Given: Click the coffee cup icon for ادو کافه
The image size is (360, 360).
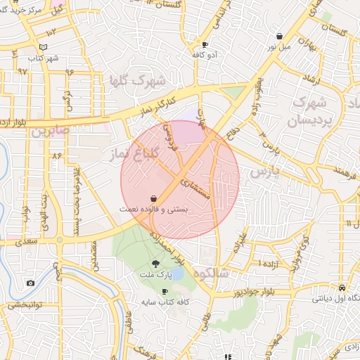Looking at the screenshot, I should click(205, 44).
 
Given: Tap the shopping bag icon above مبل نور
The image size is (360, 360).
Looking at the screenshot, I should click(280, 37).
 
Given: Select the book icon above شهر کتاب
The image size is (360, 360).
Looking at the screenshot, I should click(44, 47).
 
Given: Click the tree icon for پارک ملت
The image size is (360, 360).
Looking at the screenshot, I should click(155, 264).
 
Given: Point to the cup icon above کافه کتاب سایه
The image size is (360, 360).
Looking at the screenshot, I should click(165, 291).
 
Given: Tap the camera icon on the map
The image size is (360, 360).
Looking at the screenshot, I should click(30, 283).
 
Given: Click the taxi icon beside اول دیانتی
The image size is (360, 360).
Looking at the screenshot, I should click(342, 288).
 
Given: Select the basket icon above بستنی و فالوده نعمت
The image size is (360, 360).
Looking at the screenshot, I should click(153, 199).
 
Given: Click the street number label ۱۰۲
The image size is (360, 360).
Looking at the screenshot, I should click(51, 33).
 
